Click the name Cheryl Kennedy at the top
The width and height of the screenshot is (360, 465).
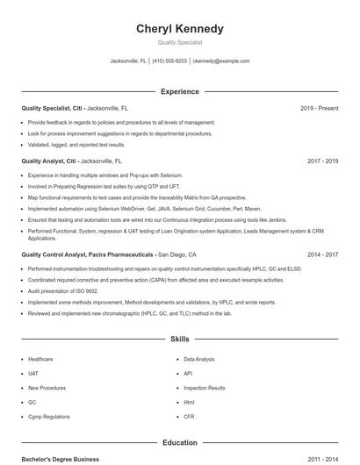pos(179,29)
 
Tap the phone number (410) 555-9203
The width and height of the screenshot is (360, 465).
pos(170,61)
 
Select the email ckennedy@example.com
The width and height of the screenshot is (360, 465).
pos(221,61)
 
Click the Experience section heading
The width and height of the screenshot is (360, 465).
pos(179,91)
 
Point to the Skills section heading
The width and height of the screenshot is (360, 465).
pos(179,338)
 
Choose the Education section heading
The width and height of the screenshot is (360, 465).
pos(179,443)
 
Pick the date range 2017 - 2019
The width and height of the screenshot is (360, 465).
pos(322,161)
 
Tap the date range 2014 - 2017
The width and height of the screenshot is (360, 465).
pos(322,254)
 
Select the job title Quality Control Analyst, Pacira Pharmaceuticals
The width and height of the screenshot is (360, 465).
pos(88,254)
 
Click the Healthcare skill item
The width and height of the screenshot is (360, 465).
pos(40,359)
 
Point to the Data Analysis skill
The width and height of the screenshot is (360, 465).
pos(199,359)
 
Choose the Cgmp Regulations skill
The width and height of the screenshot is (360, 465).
pos(47,417)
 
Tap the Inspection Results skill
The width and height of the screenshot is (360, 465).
pos(205,388)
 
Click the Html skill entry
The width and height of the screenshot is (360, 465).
pos(189,403)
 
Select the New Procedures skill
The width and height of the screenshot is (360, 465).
pos(46,388)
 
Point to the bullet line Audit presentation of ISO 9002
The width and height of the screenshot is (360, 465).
pos(63,290)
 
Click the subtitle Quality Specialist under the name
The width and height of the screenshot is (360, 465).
pos(179,42)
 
